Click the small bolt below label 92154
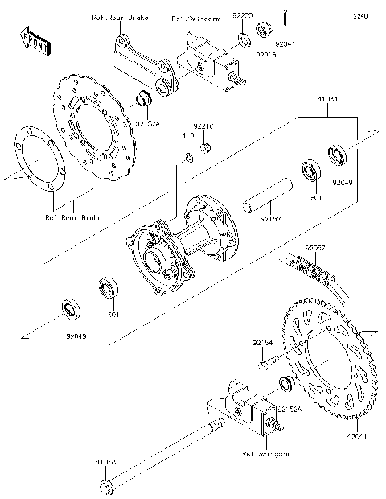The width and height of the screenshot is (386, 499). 263,365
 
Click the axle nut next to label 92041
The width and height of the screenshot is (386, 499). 263,32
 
